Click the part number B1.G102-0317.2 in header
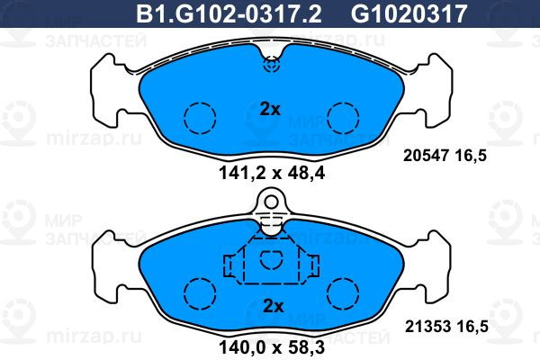coord(229,13)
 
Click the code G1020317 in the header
coord(409,13)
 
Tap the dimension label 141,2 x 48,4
coord(272,173)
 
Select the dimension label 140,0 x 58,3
coord(272,347)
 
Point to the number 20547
coord(426,156)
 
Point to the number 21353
coord(427,326)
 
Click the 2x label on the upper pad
coord(270,110)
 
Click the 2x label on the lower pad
coord(273,306)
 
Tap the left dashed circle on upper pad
coord(200,118)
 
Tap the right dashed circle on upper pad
coord(343,118)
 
